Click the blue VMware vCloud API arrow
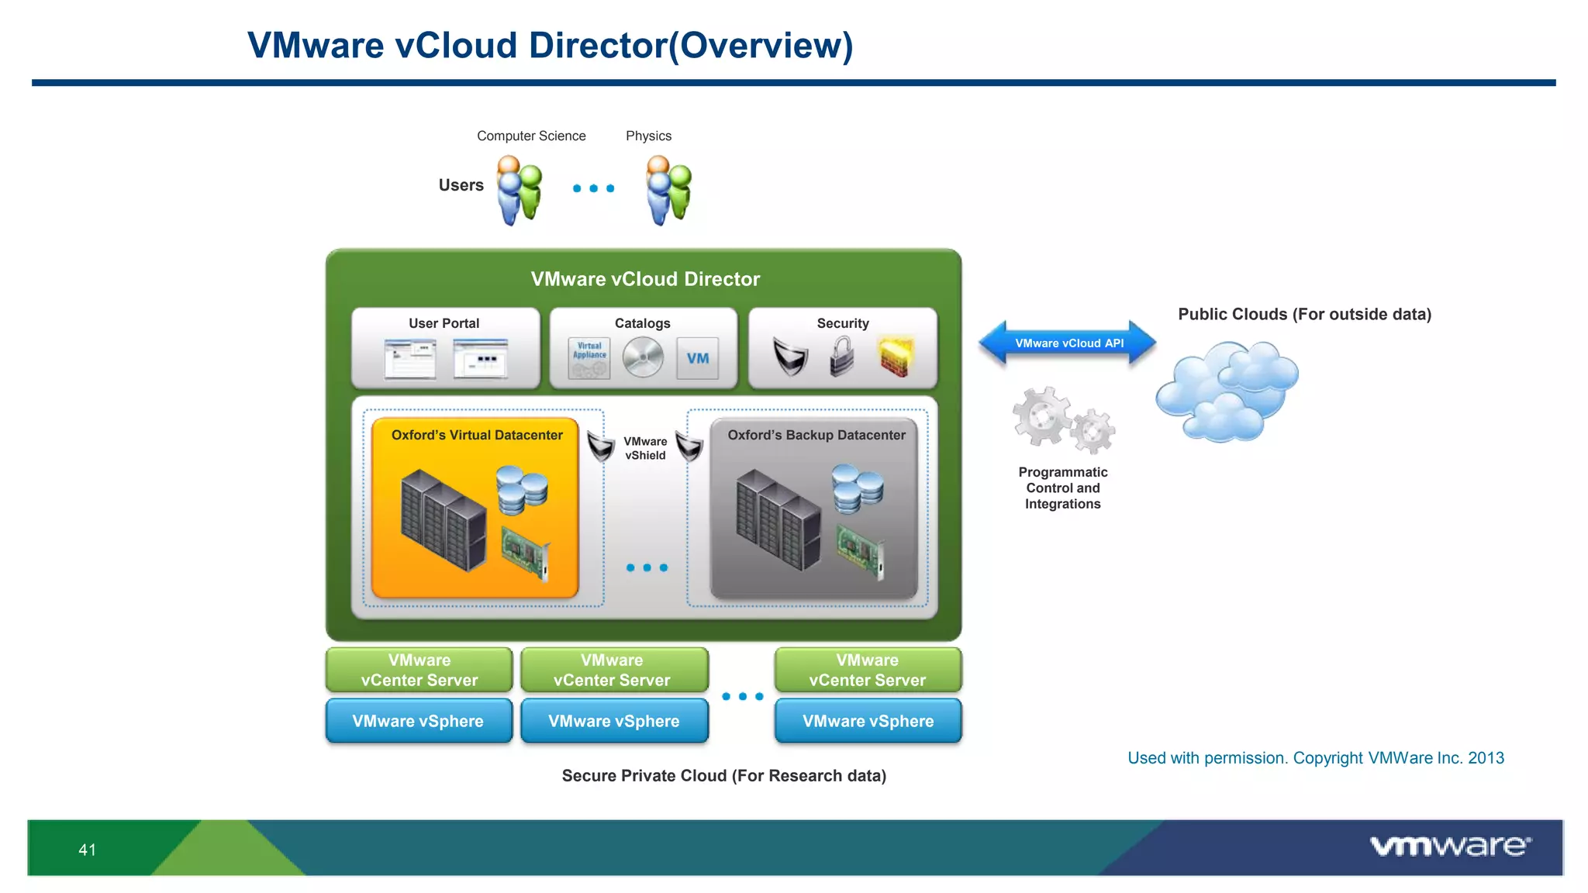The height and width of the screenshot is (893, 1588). point(1068,343)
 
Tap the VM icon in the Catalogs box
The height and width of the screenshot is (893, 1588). point(697,358)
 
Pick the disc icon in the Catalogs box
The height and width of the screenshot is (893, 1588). point(643,358)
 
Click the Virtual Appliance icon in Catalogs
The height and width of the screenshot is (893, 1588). point(589,358)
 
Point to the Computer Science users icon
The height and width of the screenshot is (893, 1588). point(519,191)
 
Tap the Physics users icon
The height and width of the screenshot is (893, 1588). point(668,191)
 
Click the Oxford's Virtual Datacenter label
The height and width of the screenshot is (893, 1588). point(477,435)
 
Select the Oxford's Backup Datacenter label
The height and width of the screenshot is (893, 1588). point(816,435)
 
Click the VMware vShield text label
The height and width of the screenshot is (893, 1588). point(645,448)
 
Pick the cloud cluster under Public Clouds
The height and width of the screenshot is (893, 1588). point(1226,391)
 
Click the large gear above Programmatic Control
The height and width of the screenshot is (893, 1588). point(1042,416)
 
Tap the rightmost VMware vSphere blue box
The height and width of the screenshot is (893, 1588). point(868,721)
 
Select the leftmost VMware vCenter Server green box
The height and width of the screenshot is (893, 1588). point(419,670)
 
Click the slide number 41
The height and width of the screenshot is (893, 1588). point(87,850)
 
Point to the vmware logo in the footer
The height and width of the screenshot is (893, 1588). point(1449,846)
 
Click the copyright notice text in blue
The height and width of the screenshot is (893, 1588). point(1315,758)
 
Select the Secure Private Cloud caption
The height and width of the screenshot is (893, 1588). point(723,776)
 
